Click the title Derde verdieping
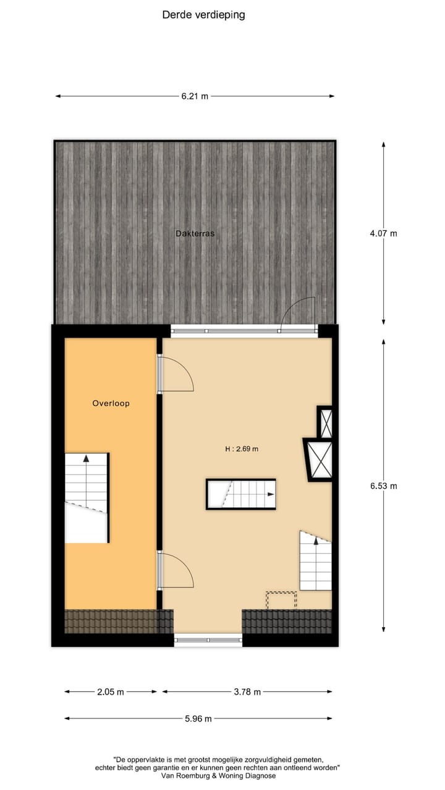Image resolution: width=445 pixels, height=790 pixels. tap(203, 15)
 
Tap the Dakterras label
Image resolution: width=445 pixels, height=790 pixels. tap(195, 234)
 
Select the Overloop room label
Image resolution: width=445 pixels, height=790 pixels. tap(111, 404)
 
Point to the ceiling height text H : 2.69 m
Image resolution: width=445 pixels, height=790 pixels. tap(242, 449)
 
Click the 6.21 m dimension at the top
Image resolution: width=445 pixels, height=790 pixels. tap(195, 96)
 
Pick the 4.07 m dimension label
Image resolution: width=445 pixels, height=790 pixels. tap(383, 233)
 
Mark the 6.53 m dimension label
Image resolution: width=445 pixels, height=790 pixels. tap(383, 486)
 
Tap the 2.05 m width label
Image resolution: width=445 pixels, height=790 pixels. tap(111, 692)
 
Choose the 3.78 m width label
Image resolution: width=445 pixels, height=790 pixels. tap(247, 692)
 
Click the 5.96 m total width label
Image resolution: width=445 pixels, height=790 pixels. tap(198, 718)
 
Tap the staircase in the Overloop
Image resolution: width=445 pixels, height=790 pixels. tap(87, 497)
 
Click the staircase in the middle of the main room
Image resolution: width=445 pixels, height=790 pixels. tap(241, 494)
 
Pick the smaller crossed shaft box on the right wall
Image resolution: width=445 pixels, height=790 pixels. tap(325, 423)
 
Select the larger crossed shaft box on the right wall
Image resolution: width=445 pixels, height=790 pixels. tap(320, 459)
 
